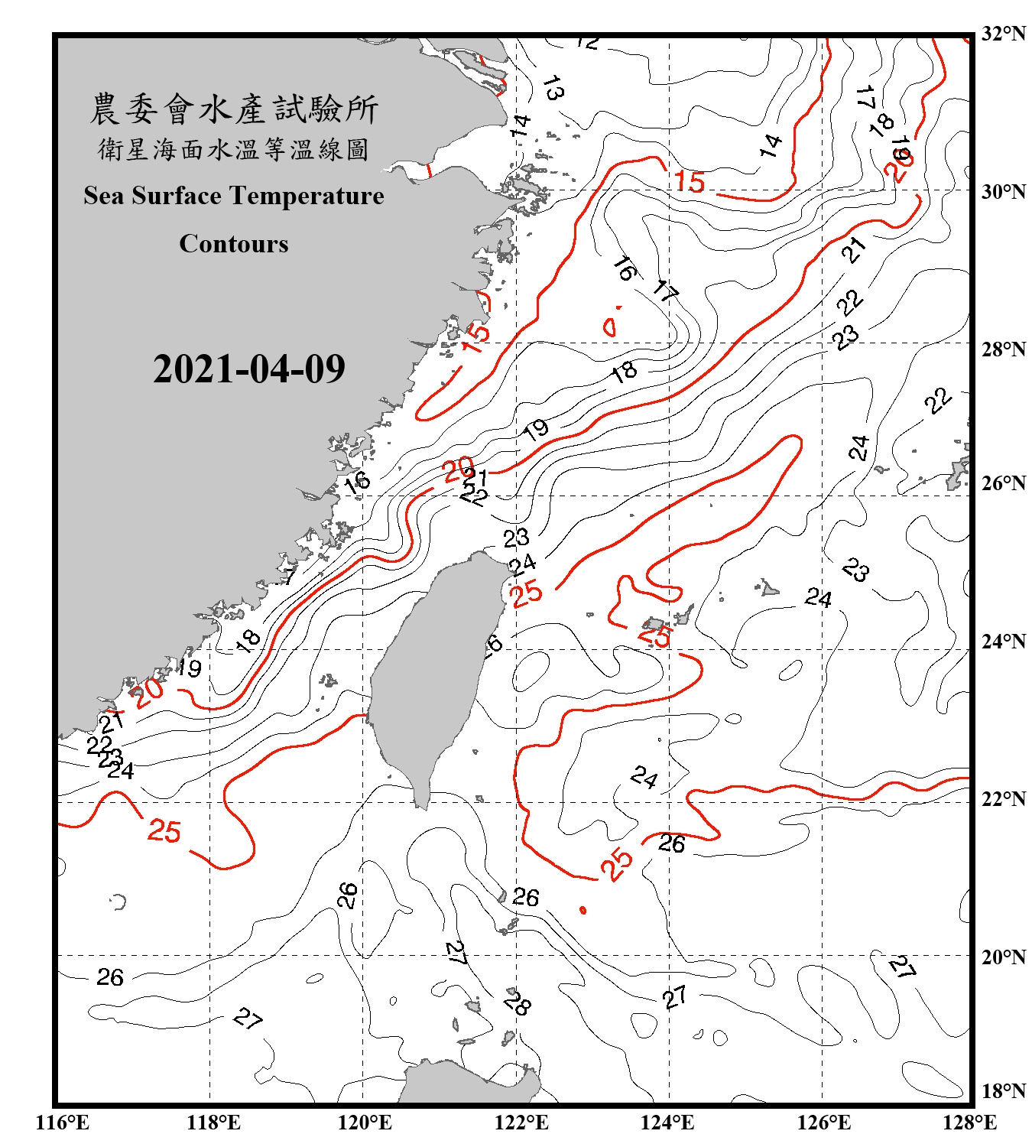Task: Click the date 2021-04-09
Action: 249,369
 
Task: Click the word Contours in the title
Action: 234,244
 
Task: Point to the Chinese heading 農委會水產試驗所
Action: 234,109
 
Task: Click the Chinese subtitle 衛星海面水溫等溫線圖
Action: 234,149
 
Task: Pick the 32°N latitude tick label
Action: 1004,34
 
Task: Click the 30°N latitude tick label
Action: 1004,192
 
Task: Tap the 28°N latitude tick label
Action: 1004,349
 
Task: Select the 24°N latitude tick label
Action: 1004,642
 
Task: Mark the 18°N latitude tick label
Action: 1004,1091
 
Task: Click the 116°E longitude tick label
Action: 63,1123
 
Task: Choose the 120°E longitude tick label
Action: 365,1123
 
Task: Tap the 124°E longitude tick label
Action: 667,1123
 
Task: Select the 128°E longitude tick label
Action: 969,1123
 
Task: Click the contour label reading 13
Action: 553,89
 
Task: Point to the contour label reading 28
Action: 518,1002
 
